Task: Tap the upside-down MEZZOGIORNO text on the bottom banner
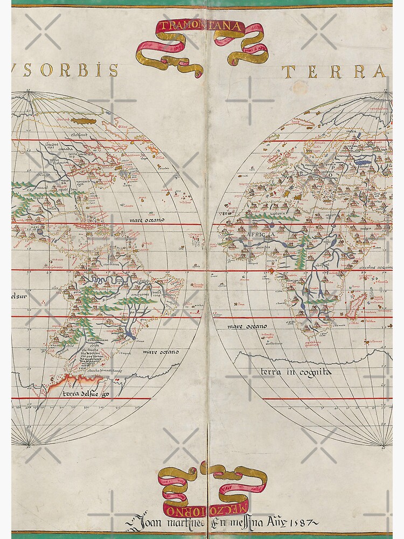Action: [203, 508]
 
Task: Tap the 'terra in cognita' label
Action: [296, 372]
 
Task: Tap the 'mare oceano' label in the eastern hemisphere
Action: [246, 327]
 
